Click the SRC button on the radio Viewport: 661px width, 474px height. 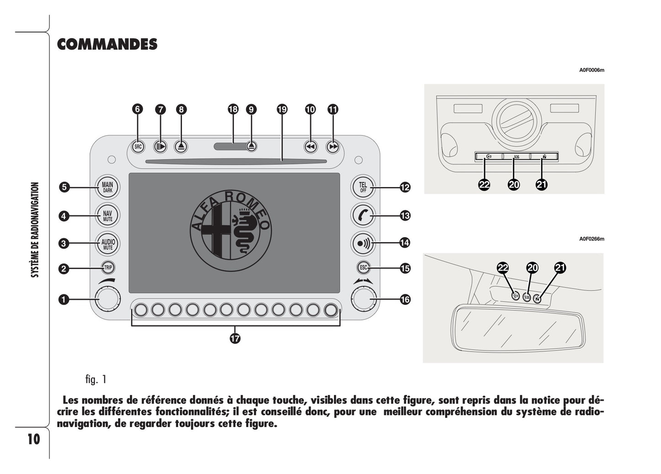[x=138, y=147]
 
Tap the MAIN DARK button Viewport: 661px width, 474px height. [x=107, y=187]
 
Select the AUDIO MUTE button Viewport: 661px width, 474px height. [x=107, y=244]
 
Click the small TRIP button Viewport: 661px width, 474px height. [x=107, y=268]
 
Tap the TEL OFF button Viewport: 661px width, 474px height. [x=363, y=187]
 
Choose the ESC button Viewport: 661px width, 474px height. [x=363, y=268]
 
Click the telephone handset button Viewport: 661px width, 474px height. [x=363, y=215]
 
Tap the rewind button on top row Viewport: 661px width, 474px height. [x=311, y=147]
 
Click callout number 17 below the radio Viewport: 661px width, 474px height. [x=235, y=338]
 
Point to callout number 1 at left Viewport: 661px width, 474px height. [x=64, y=300]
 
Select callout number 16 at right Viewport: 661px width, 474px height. [x=405, y=300]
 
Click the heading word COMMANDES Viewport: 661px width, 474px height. [x=107, y=44]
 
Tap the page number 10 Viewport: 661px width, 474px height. [x=34, y=439]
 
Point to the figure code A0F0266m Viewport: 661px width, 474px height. [x=591, y=239]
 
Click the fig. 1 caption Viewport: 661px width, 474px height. [x=96, y=379]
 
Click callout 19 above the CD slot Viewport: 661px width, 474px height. [x=282, y=109]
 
